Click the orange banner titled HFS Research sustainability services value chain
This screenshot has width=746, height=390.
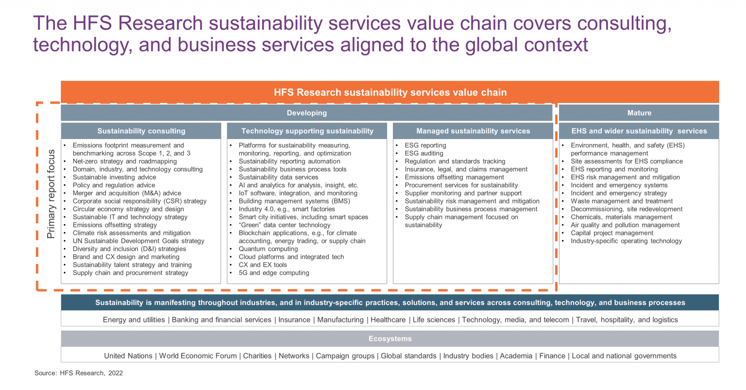click(x=390, y=92)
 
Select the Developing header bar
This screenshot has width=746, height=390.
click(x=306, y=113)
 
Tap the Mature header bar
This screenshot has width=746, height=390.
click(x=639, y=113)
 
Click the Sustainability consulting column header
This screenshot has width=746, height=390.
click(x=141, y=131)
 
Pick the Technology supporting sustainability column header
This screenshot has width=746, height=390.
click(x=307, y=131)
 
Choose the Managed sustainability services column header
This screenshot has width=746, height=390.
click(x=473, y=131)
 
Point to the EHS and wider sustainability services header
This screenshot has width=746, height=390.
click(x=639, y=131)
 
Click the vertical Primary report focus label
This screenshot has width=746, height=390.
click(x=51, y=194)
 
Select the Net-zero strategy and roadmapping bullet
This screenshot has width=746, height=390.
click(x=124, y=161)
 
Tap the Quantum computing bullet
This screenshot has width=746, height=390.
click(x=268, y=249)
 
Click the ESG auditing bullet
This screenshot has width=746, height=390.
click(x=424, y=153)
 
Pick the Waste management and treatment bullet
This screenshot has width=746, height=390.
click(x=621, y=201)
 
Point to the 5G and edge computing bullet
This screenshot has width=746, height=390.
click(x=273, y=273)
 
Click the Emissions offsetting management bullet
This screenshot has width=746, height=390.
click(x=454, y=177)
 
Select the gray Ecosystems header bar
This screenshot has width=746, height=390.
click(x=390, y=339)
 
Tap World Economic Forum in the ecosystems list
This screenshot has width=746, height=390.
click(x=198, y=356)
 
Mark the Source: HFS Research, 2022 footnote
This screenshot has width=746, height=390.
click(x=79, y=373)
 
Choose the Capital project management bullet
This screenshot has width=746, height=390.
click(x=611, y=233)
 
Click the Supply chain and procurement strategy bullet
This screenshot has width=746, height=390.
click(x=130, y=273)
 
